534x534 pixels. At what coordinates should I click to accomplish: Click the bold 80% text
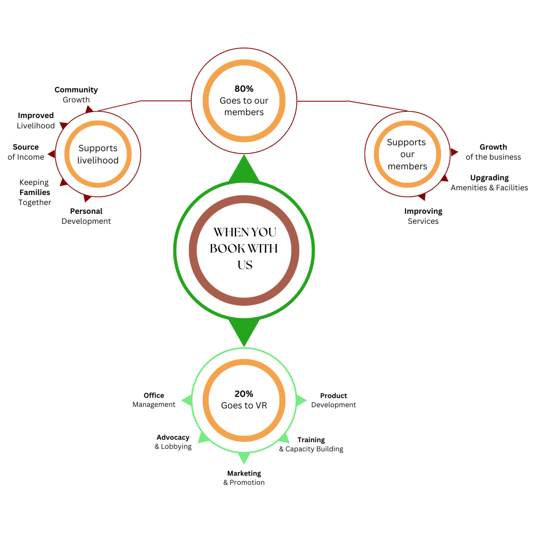pyautogui.click(x=244, y=89)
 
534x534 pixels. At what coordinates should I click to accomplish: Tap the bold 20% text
pyautogui.click(x=244, y=394)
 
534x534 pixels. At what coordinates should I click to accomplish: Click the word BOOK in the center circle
pyautogui.click(x=227, y=248)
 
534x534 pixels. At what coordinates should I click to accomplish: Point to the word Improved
pyautogui.click(x=36, y=115)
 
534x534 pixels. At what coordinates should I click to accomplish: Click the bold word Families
pyautogui.click(x=35, y=192)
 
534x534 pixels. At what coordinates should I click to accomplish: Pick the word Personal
pyautogui.click(x=86, y=211)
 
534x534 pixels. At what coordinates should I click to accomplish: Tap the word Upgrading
pyautogui.click(x=489, y=178)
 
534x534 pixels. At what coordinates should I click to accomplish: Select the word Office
pyautogui.click(x=154, y=395)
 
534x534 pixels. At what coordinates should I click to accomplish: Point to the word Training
pyautogui.click(x=311, y=440)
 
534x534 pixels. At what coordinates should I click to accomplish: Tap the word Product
pyautogui.click(x=333, y=395)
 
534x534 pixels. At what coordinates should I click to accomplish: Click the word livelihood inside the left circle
pyautogui.click(x=98, y=160)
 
